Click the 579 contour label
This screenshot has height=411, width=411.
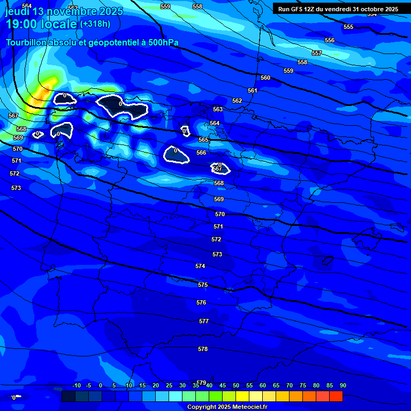tap(201, 383)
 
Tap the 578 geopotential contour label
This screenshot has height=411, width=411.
tap(202, 349)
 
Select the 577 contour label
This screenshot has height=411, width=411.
tap(203, 321)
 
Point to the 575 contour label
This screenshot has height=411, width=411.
tap(202, 285)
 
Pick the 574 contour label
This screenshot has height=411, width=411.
tap(200, 266)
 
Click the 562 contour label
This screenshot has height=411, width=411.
tap(237, 101)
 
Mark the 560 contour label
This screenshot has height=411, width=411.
tap(265, 78)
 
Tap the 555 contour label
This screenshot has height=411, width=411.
tap(348, 27)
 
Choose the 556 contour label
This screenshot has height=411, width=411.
tap(330, 40)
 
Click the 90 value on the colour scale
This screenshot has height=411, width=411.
tap(342, 386)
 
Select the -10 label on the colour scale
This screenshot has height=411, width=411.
tap(76, 386)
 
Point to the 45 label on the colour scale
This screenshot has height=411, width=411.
tap(222, 386)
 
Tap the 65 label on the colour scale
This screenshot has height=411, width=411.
tap(276, 386)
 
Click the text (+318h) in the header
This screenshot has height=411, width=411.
tap(95, 24)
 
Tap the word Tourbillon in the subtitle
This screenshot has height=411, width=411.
tap(27, 42)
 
